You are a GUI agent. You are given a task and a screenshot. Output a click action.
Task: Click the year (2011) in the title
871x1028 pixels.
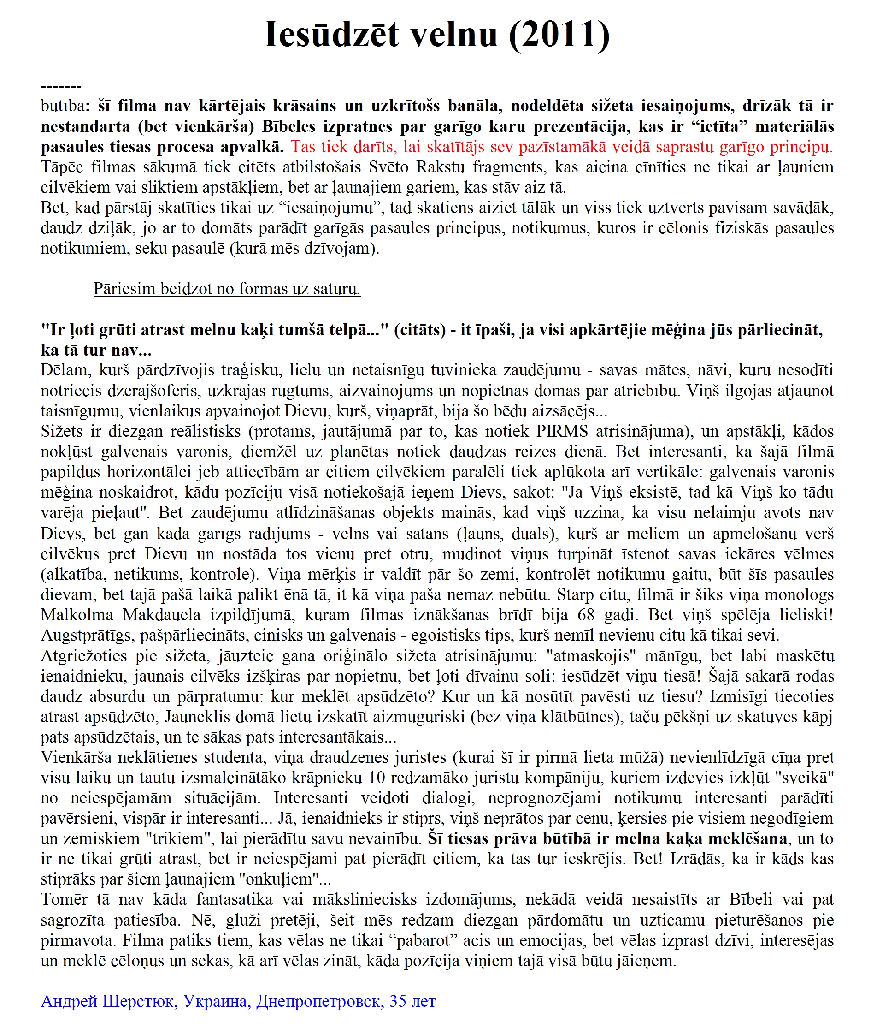559,35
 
